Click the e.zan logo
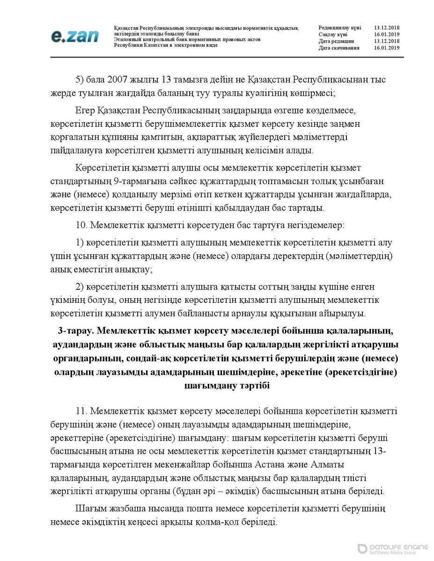74,36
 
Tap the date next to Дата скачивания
386,48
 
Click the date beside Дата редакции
386,41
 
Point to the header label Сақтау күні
333,35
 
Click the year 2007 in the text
118,80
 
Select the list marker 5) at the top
80,80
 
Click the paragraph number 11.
81,411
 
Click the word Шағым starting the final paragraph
89,508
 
